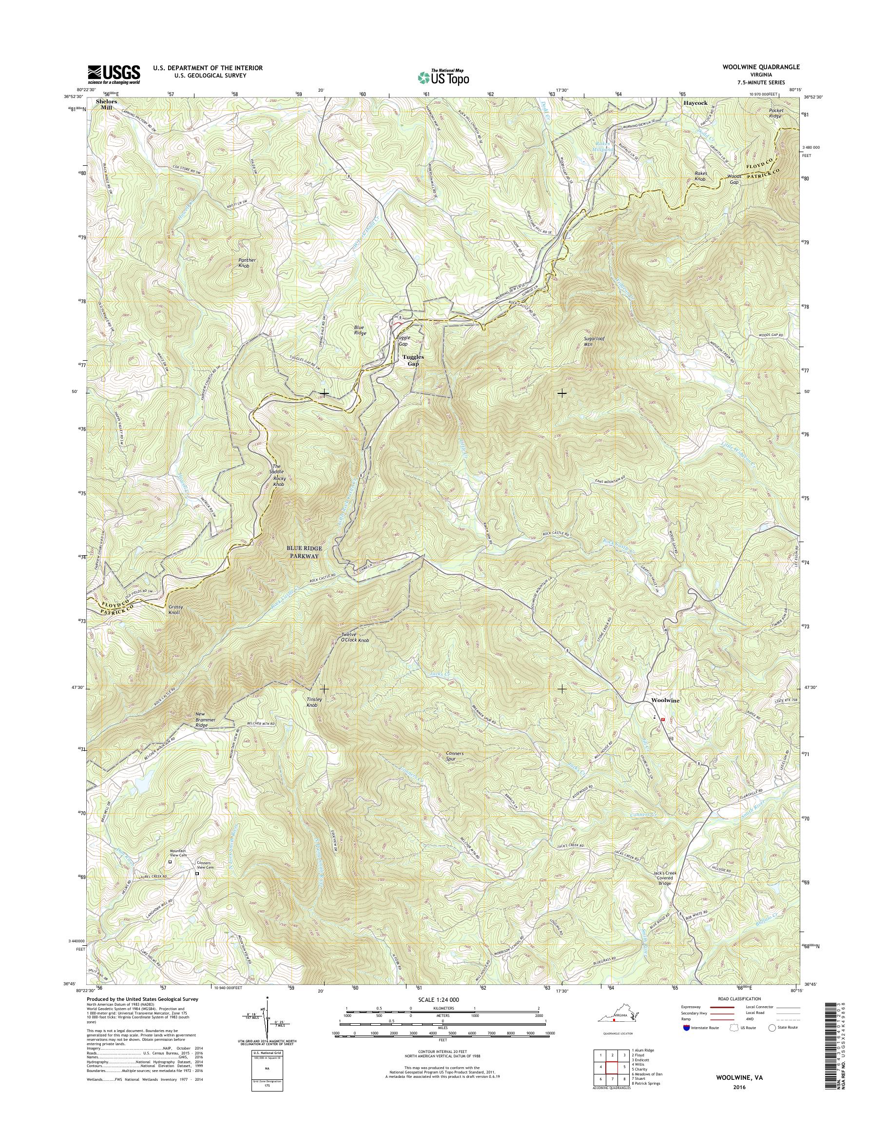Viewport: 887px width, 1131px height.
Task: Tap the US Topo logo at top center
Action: point(443,77)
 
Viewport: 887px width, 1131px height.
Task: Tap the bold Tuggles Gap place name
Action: point(413,361)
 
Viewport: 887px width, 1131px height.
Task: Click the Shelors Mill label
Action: point(106,104)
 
